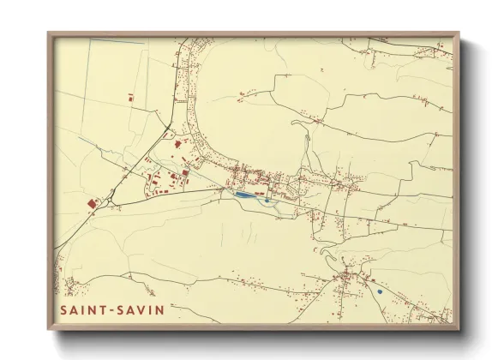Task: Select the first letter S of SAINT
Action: click(64, 309)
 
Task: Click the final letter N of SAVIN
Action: click(160, 309)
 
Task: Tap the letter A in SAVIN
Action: click(132, 309)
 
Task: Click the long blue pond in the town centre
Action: click(243, 195)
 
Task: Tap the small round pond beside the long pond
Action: click(267, 201)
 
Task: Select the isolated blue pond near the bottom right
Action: click(379, 291)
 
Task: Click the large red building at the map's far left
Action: click(93, 202)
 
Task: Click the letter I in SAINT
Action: click(85, 309)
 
